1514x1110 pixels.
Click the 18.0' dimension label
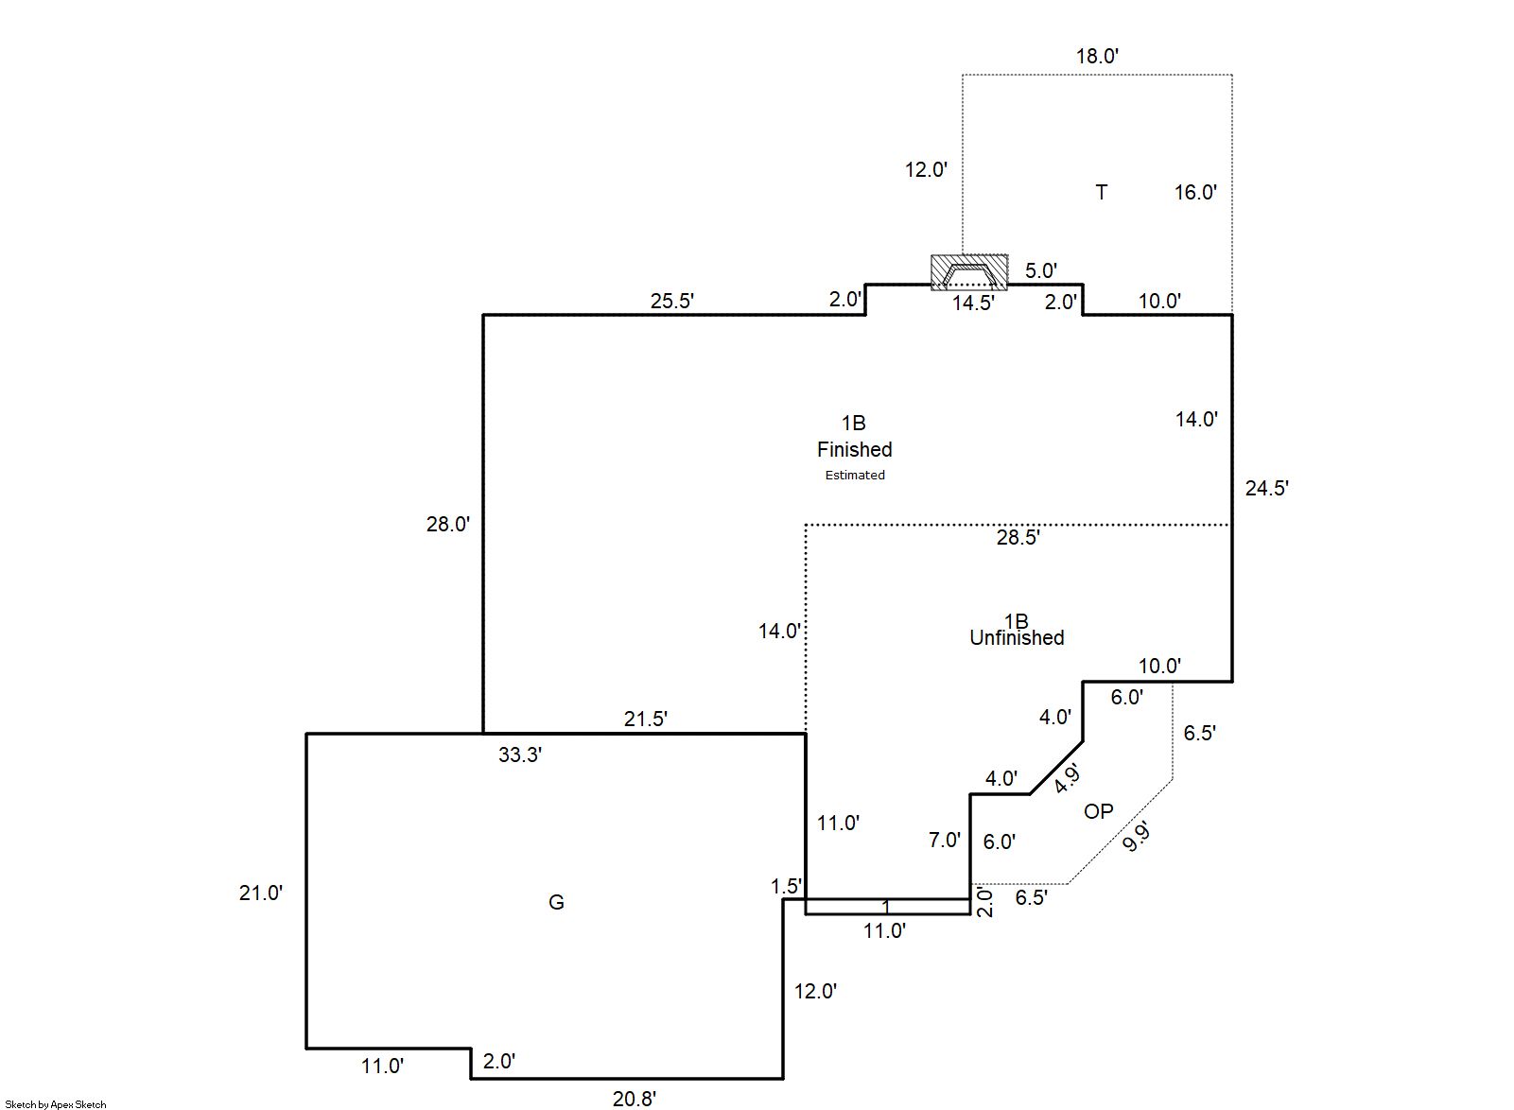pos(1097,57)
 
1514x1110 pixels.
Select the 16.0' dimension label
pos(1195,193)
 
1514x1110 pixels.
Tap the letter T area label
pos(1101,193)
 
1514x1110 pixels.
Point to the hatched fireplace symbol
pos(969,272)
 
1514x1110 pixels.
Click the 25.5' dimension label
pos(672,302)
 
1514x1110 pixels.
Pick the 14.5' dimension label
pos(973,304)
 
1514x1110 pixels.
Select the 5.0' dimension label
pos(1040,270)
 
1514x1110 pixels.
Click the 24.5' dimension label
pos(1266,489)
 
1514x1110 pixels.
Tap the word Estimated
pos(855,476)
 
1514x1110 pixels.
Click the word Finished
pos(855,450)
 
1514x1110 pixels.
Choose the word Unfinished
pos(1017,638)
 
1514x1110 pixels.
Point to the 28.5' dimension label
pos(1018,538)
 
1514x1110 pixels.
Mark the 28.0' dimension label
pos(447,525)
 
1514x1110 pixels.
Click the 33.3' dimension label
pos(520,755)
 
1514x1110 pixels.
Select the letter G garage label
pos(556,903)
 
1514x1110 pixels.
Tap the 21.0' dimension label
pos(260,893)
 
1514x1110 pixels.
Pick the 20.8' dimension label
pos(634,1099)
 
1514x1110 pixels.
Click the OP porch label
pos(1098,811)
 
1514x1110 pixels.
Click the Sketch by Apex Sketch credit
pos(56,1104)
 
